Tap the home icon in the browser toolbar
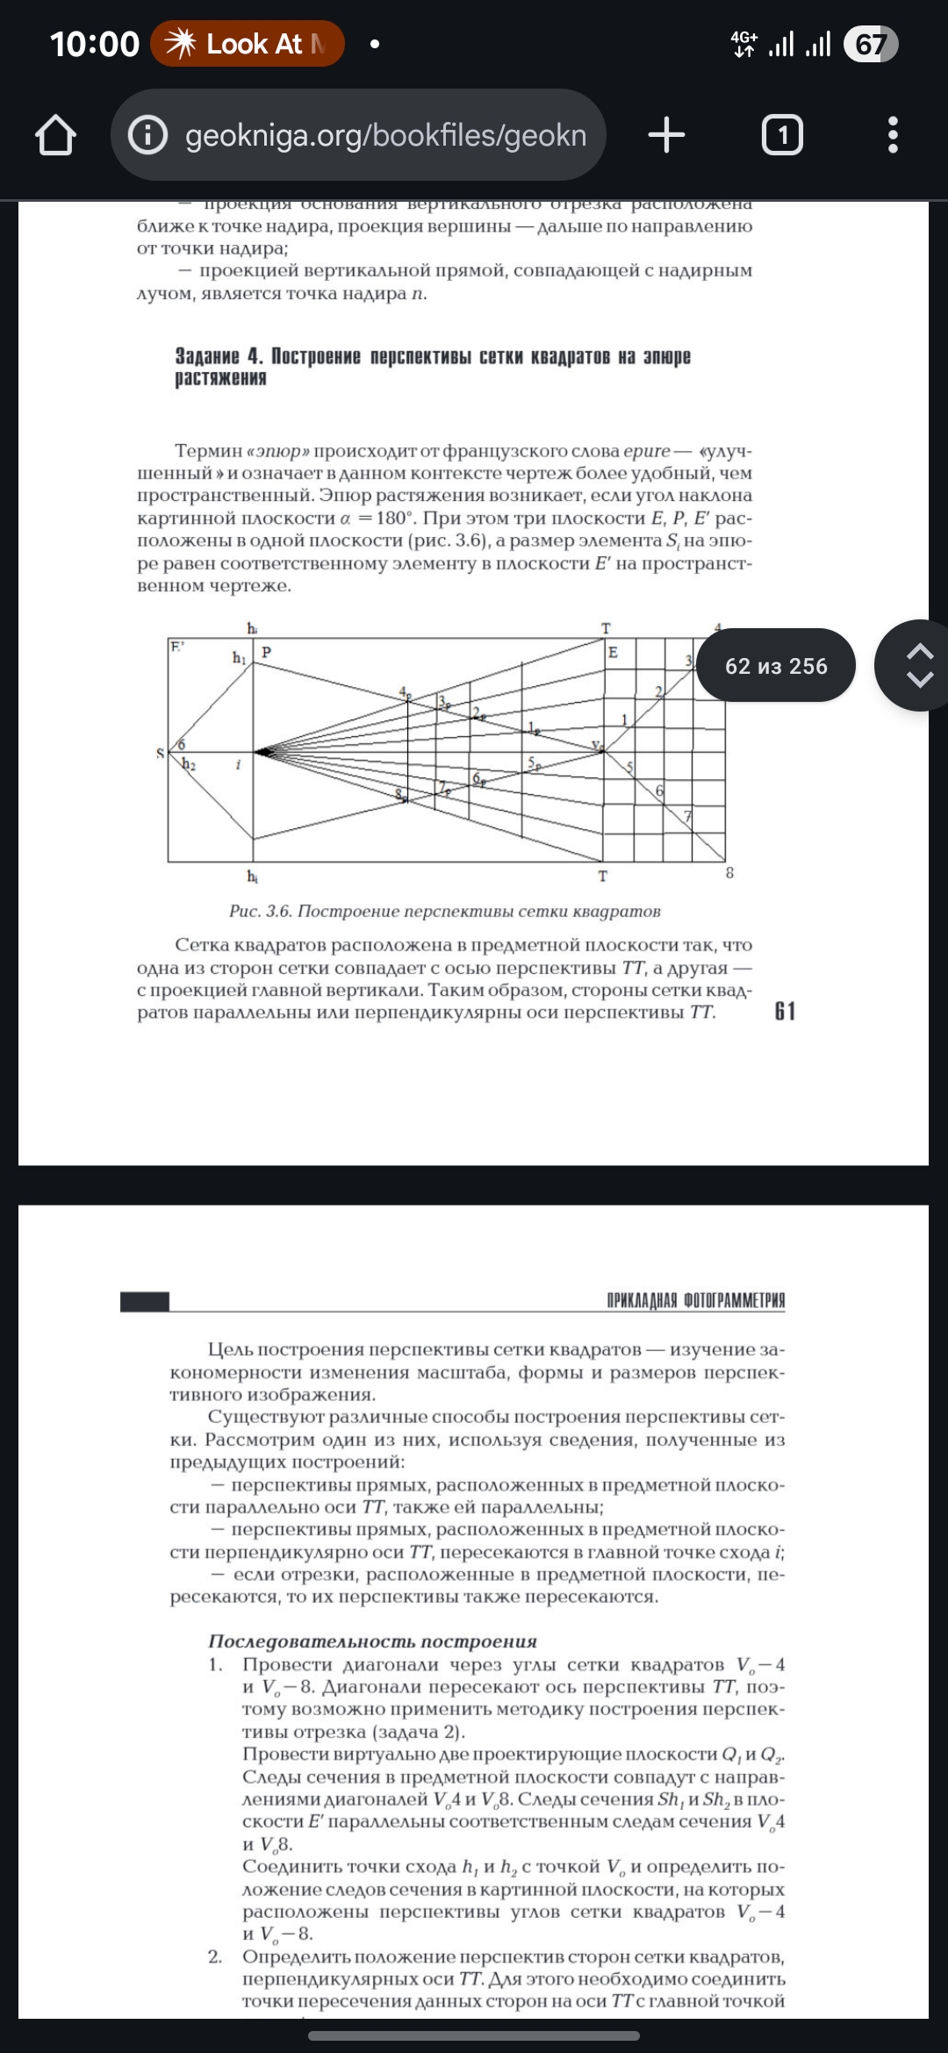coord(55,135)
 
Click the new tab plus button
coord(666,135)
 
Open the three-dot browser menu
coord(893,135)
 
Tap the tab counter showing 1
coord(782,135)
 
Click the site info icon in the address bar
coord(147,135)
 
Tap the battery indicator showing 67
coord(870,44)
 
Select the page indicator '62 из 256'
coord(776,666)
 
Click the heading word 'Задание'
coord(207,356)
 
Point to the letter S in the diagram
coord(160,753)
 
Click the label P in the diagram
coord(266,652)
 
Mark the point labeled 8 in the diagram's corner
coord(729,873)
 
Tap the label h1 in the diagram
coord(239,657)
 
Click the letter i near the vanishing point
coord(238,765)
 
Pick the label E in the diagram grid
coord(613,652)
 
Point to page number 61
coord(785,1012)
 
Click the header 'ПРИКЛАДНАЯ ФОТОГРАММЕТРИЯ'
coord(696,1300)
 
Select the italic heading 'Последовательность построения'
coord(372,1642)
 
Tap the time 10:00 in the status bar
coord(94,44)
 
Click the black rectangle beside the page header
coord(145,1301)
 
